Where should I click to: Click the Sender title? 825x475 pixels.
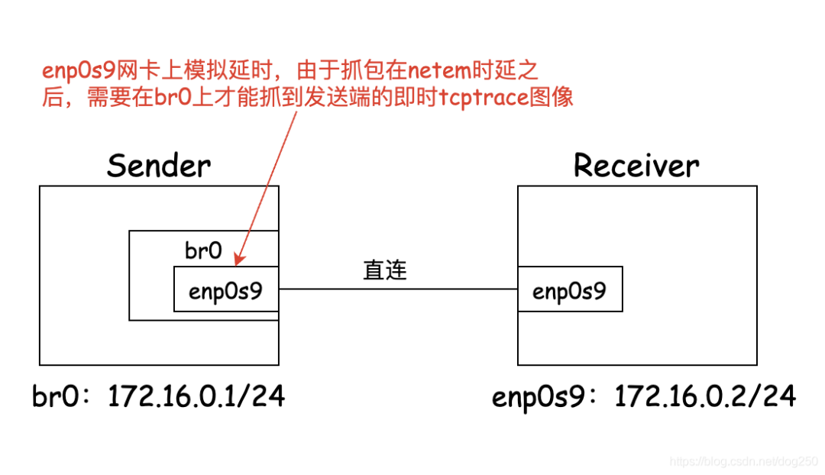pos(159,165)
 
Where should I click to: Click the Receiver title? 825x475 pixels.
pos(636,165)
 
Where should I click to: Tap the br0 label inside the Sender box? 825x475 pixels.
pos(204,250)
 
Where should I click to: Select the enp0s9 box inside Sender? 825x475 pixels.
pos(225,289)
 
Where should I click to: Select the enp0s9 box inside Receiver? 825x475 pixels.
pos(570,289)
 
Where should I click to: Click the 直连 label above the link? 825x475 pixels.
pos(385,270)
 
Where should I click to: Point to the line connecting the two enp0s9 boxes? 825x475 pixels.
pos(397,289)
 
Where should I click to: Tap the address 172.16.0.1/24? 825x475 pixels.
pos(196,396)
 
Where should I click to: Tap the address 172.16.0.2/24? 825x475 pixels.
pos(705,396)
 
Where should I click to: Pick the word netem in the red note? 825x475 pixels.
pos(438,72)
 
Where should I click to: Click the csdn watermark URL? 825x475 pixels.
pos(742,462)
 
